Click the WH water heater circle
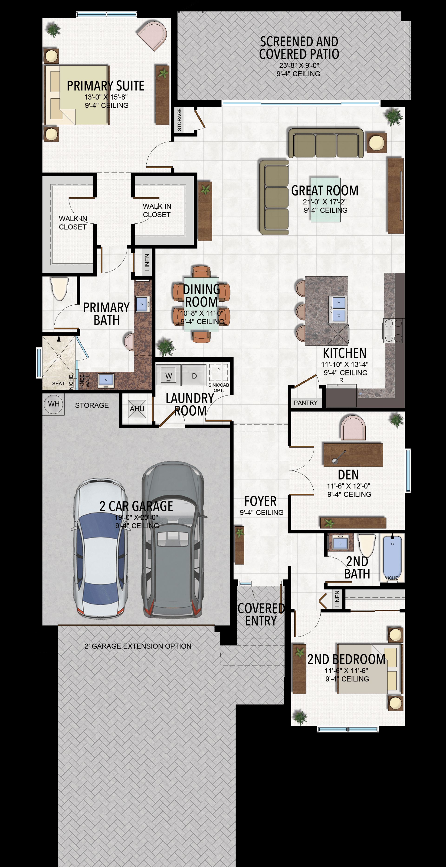(53, 404)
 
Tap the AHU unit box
(137, 409)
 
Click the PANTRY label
(306, 403)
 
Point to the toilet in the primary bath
(60, 288)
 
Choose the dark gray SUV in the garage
(173, 540)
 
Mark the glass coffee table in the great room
(325, 200)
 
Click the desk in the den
(353, 455)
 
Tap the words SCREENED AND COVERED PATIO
(299, 48)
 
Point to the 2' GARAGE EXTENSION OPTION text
(138, 646)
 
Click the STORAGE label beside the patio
(179, 120)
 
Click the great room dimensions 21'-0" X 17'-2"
(325, 202)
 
